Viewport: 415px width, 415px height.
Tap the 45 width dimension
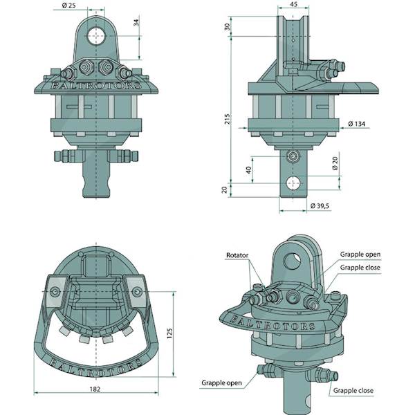[x=294, y=5]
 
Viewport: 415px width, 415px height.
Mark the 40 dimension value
[x=248, y=170]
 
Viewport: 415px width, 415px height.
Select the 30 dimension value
[x=227, y=27]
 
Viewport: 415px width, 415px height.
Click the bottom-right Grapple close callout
[x=353, y=391]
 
